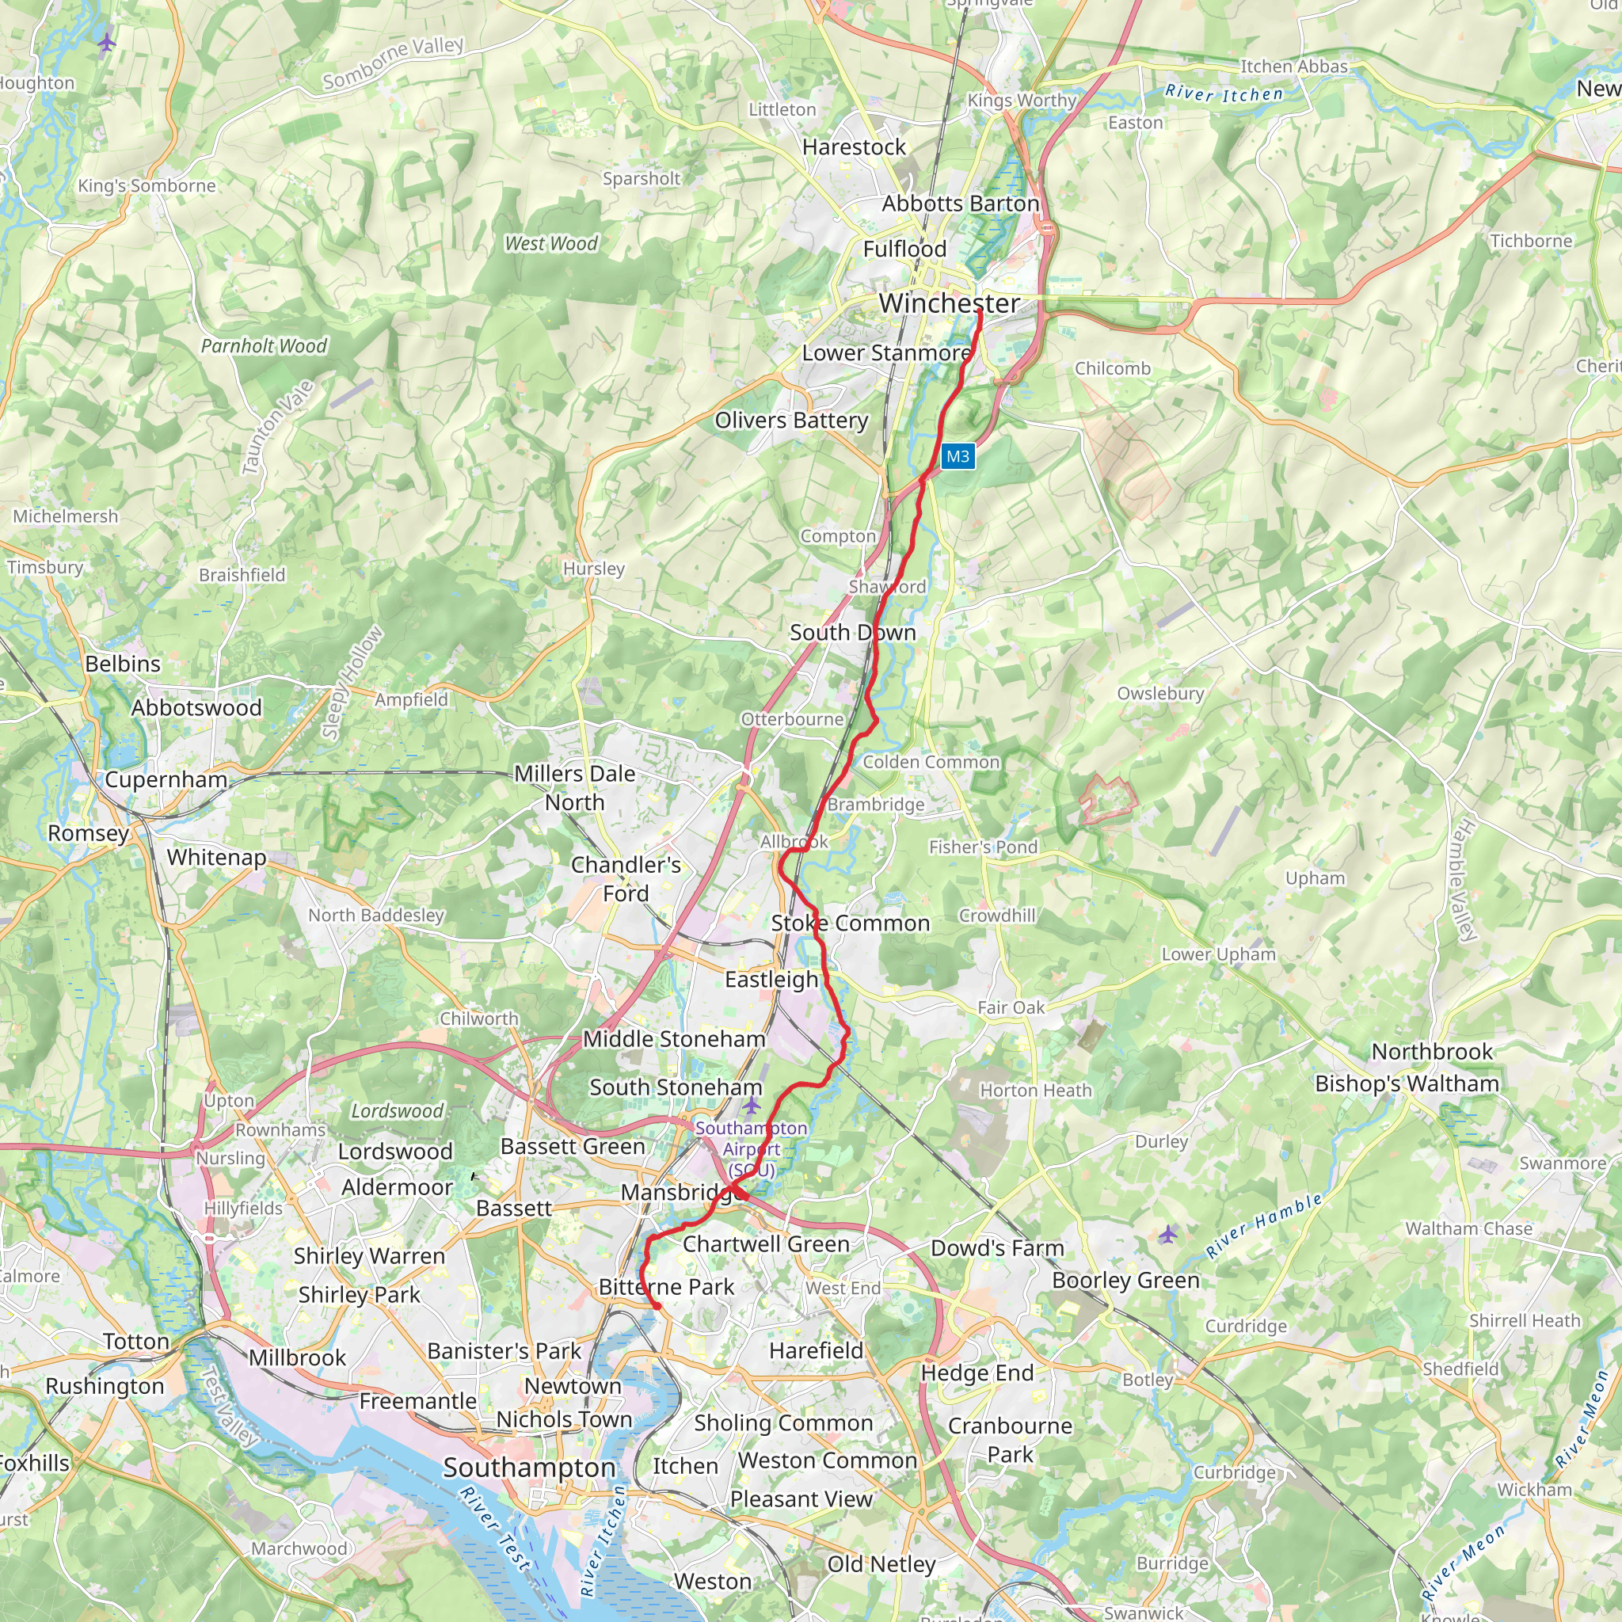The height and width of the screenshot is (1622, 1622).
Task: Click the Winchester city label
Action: click(x=949, y=303)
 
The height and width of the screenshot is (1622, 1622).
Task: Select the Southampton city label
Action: click(x=529, y=1468)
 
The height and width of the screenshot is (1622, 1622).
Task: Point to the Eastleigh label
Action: click(x=771, y=979)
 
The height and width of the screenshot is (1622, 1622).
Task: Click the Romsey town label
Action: click(x=88, y=833)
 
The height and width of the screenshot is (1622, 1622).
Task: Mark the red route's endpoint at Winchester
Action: click(x=980, y=311)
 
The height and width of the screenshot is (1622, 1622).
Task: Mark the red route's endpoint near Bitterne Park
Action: click(x=657, y=1306)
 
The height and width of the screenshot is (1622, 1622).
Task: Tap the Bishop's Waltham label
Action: click(x=1407, y=1084)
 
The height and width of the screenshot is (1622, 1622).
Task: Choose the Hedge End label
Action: click(x=977, y=1373)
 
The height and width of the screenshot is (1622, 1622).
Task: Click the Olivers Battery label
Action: click(x=791, y=420)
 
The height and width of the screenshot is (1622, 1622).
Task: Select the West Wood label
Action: click(x=550, y=243)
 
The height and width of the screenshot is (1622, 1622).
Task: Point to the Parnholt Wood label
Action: click(x=264, y=346)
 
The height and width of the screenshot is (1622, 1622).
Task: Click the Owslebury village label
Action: click(x=1159, y=694)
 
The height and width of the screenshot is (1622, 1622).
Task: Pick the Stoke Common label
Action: click(x=850, y=923)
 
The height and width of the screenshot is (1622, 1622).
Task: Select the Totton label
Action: click(x=136, y=1342)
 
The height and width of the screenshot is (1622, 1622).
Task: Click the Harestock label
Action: click(x=853, y=147)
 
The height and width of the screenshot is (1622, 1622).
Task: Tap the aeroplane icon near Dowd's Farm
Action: click(x=1168, y=1234)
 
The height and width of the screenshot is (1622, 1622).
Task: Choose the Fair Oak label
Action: click(x=1010, y=1007)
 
